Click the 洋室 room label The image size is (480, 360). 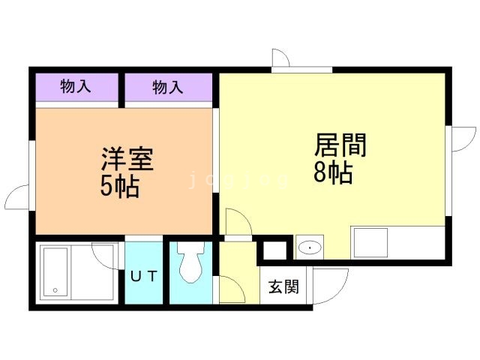[127, 159]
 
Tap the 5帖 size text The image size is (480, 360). [120, 186]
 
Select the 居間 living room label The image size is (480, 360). [340, 145]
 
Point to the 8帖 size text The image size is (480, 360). [333, 172]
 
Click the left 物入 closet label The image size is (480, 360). [76, 85]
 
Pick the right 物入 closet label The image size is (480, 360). [168, 87]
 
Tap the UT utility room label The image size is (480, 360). [144, 277]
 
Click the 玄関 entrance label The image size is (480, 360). [283, 286]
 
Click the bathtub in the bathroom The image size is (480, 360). [55, 271]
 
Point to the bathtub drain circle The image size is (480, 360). [55, 290]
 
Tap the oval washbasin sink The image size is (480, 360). [310, 247]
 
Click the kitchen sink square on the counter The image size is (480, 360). [370, 243]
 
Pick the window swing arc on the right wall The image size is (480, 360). [471, 144]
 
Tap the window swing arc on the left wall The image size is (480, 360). [12, 192]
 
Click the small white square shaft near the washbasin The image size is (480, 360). [274, 250]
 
